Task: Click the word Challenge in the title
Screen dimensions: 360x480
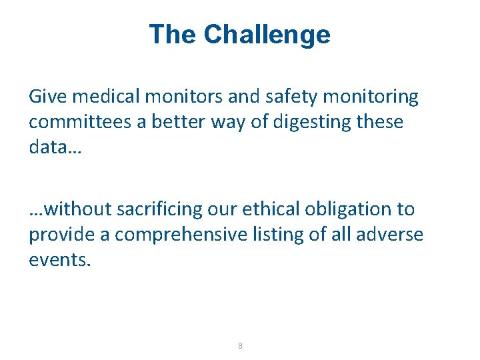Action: (267, 35)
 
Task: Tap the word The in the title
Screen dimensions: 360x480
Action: (173, 35)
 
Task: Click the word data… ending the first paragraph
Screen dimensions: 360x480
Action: (55, 147)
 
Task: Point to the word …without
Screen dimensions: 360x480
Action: (70, 209)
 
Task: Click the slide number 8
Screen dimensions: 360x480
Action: (240, 345)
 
